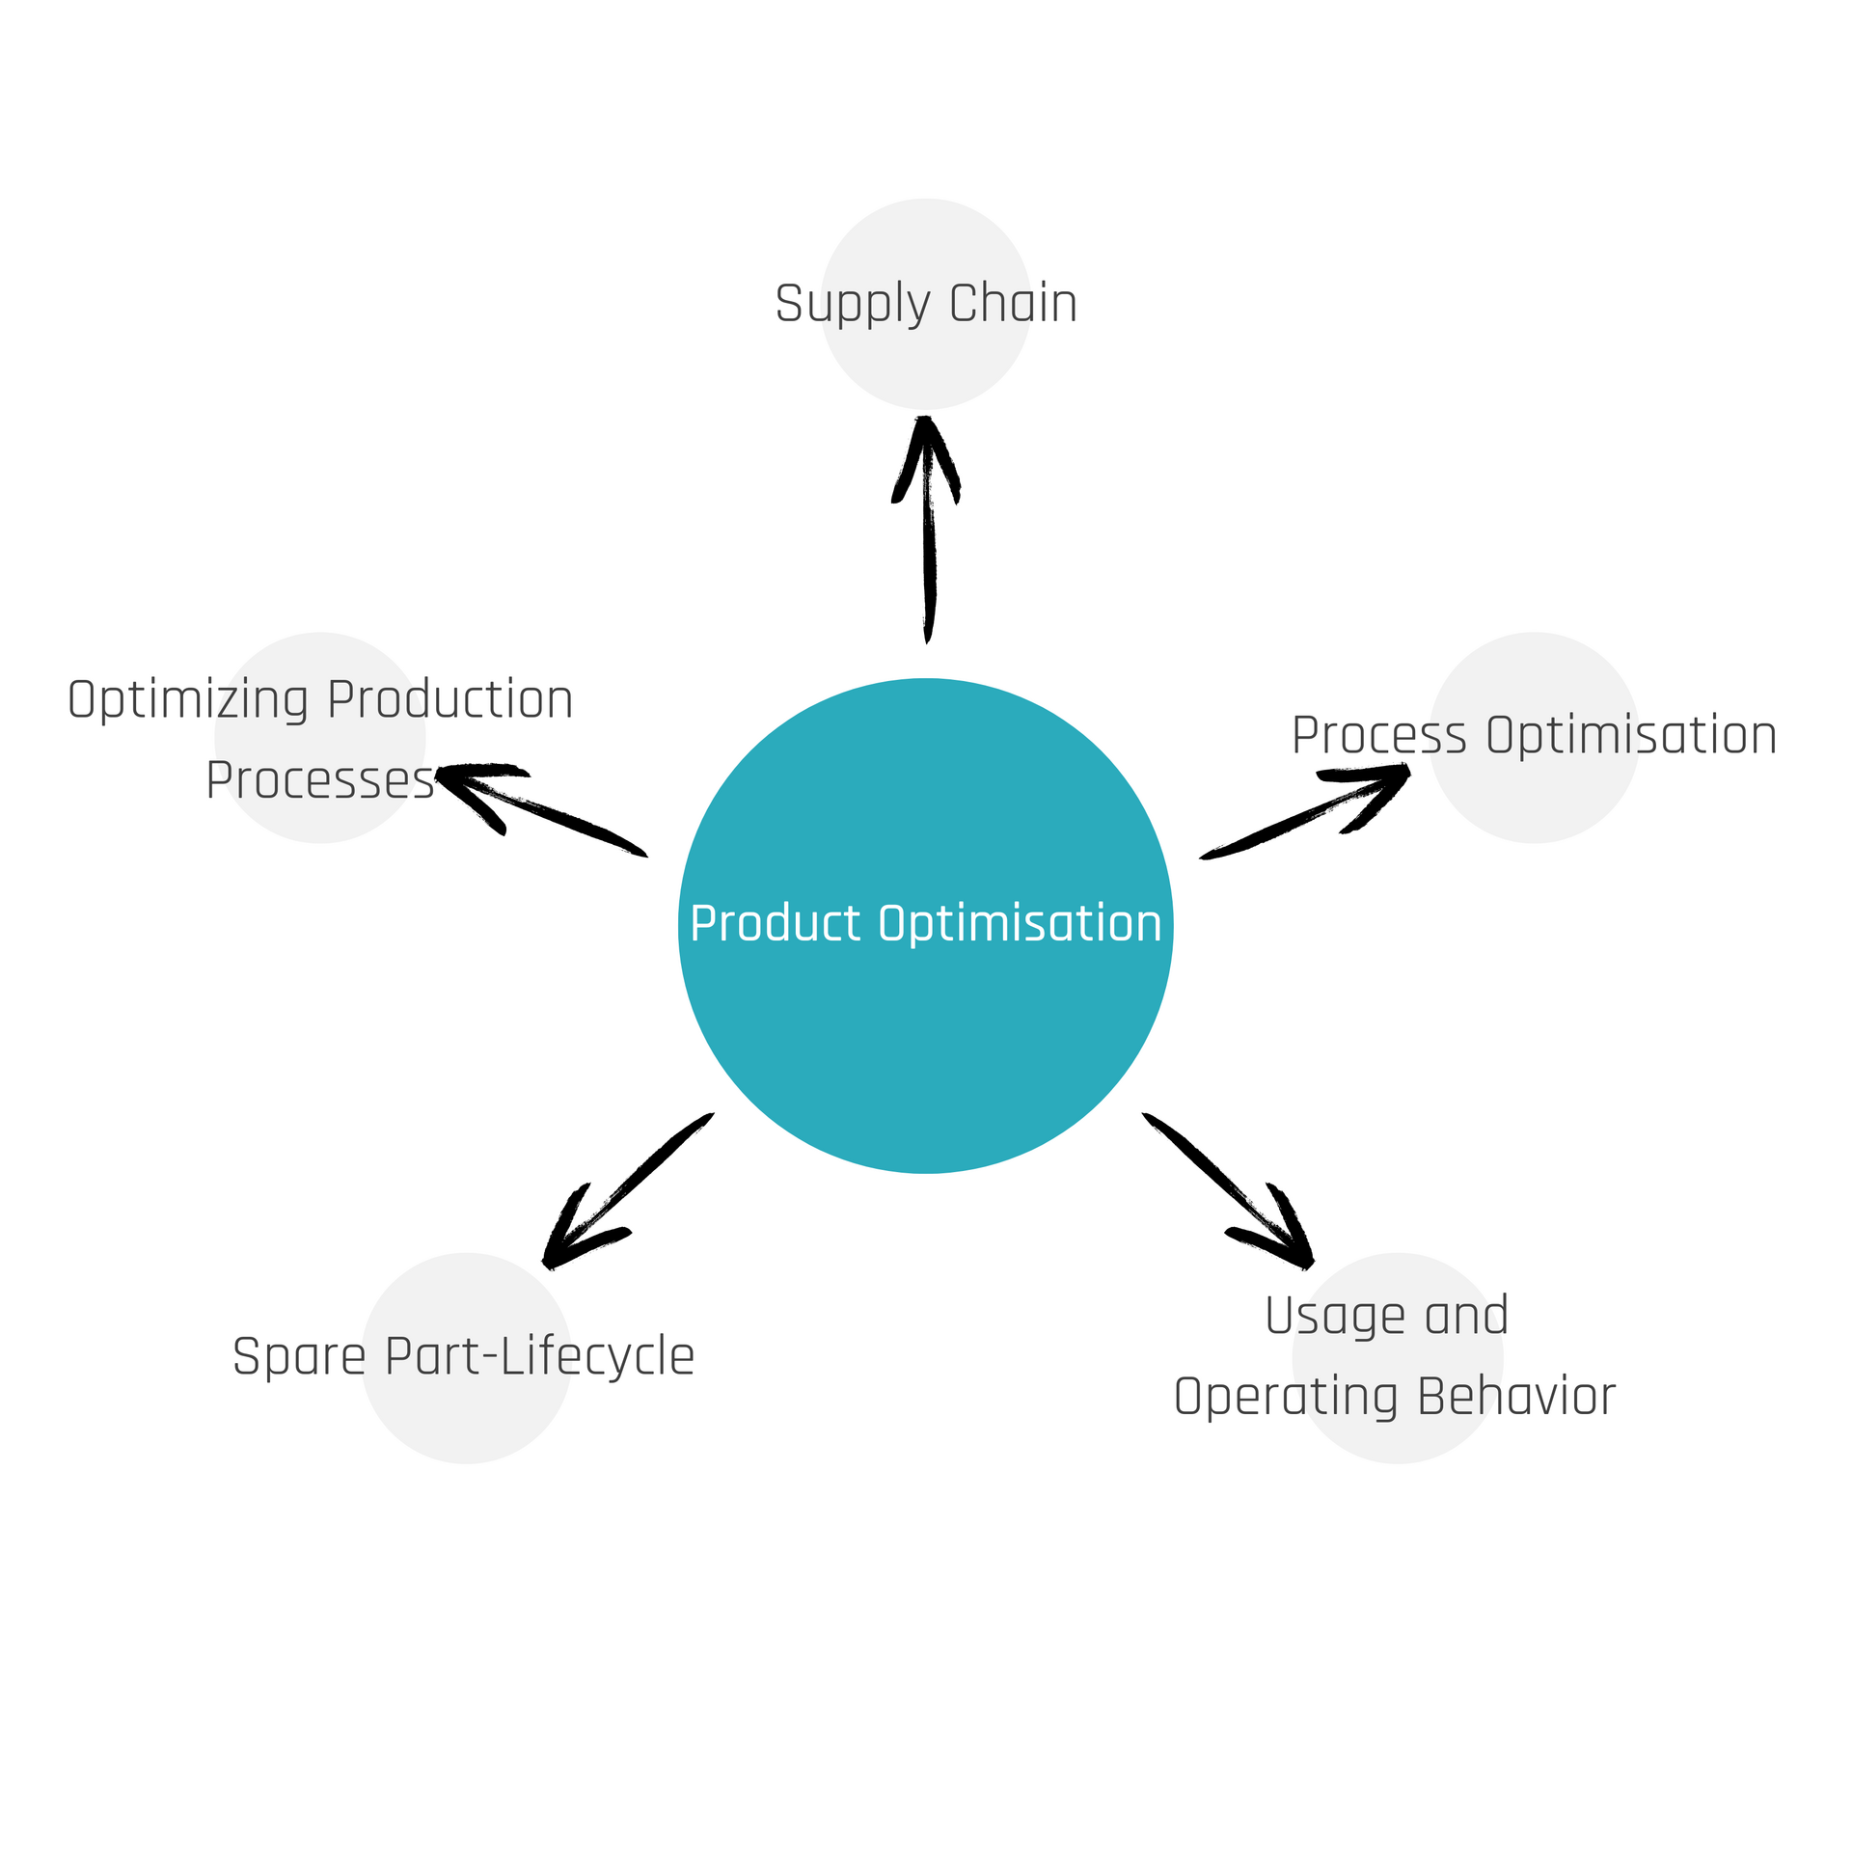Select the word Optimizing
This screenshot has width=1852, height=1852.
click(188, 700)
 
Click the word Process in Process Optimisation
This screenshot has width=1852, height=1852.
click(1379, 736)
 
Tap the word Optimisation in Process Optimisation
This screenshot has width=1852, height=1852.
click(1631, 735)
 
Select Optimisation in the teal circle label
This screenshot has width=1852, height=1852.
click(1020, 923)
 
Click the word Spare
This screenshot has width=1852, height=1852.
click(299, 1358)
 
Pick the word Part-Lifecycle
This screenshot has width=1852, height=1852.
click(539, 1356)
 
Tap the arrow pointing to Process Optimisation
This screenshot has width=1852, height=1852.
click(1307, 810)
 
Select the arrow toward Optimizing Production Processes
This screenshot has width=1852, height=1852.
click(540, 808)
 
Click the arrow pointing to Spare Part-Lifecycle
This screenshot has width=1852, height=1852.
click(627, 1191)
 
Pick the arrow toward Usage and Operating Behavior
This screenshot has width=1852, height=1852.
click(1229, 1190)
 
